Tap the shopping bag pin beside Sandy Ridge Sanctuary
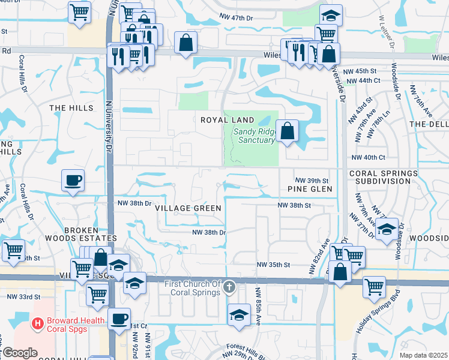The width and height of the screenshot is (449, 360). (x=288, y=131)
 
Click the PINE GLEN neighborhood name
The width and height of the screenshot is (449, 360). (x=309, y=189)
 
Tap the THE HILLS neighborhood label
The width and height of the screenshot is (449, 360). (x=71, y=108)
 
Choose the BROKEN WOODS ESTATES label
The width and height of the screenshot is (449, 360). (x=89, y=234)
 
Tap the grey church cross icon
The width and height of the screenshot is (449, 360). (x=229, y=289)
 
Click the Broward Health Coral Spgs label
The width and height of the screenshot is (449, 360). (x=75, y=325)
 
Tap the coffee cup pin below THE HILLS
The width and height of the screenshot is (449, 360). (x=73, y=180)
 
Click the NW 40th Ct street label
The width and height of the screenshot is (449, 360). (x=368, y=157)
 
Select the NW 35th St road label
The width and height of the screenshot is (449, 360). (x=274, y=265)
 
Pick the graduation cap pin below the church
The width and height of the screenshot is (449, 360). (x=239, y=314)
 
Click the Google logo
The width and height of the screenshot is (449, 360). (x=19, y=353)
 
